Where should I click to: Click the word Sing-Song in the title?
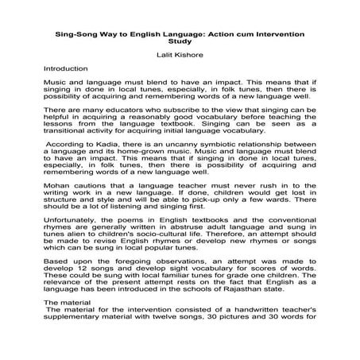[76, 34]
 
